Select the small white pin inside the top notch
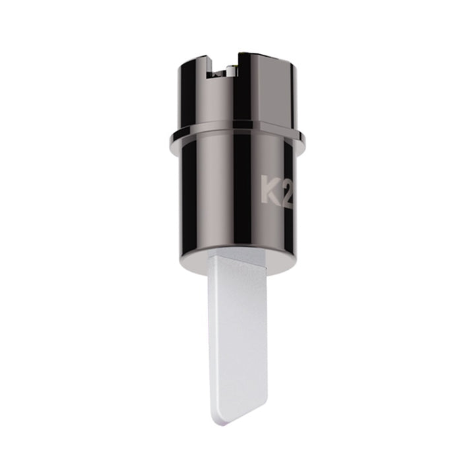pos(231,71)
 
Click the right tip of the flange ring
pos(305,138)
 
